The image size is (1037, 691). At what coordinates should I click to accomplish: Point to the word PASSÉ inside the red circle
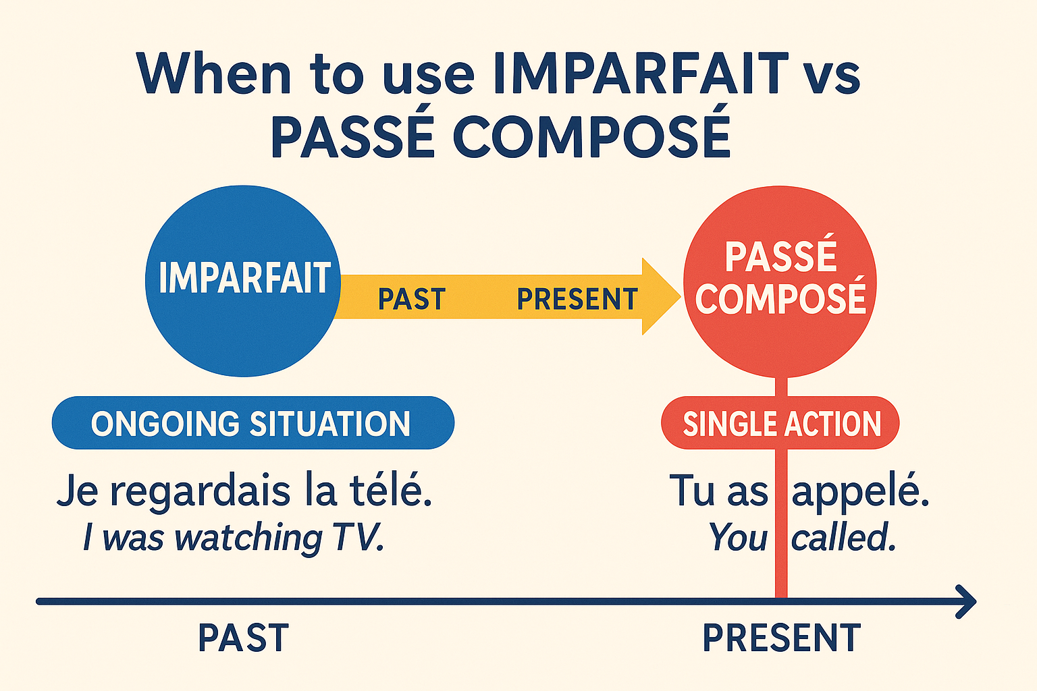pyautogui.click(x=780, y=256)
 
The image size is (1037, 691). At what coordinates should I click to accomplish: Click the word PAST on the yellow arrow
pyautogui.click(x=411, y=299)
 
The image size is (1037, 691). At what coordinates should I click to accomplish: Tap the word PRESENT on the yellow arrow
pyautogui.click(x=577, y=299)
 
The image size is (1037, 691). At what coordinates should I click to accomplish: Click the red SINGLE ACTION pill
pyautogui.click(x=781, y=424)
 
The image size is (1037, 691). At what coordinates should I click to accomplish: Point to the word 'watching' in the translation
pyautogui.click(x=248, y=538)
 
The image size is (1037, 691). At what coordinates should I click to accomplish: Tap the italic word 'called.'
pyautogui.click(x=844, y=538)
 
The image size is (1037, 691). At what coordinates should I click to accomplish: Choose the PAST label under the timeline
pyautogui.click(x=243, y=638)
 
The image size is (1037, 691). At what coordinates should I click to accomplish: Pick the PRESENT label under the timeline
pyautogui.click(x=781, y=638)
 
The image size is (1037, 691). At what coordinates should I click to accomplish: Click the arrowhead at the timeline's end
pyautogui.click(x=967, y=601)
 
